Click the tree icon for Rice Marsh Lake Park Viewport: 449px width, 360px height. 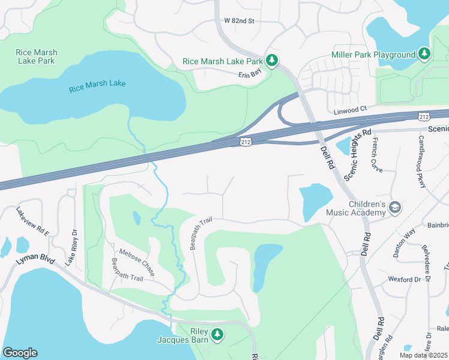point(272,61)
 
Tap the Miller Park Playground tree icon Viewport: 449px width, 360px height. point(424,55)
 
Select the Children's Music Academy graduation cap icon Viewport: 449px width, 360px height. point(395,208)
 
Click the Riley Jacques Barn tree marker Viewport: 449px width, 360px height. point(217,335)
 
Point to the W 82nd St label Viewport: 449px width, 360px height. point(240,21)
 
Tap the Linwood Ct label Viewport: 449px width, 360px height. point(350,110)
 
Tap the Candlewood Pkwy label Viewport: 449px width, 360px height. point(423,161)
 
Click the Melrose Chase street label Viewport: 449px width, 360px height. point(137,262)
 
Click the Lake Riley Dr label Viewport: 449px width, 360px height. point(71,248)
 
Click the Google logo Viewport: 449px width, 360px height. point(20,353)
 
